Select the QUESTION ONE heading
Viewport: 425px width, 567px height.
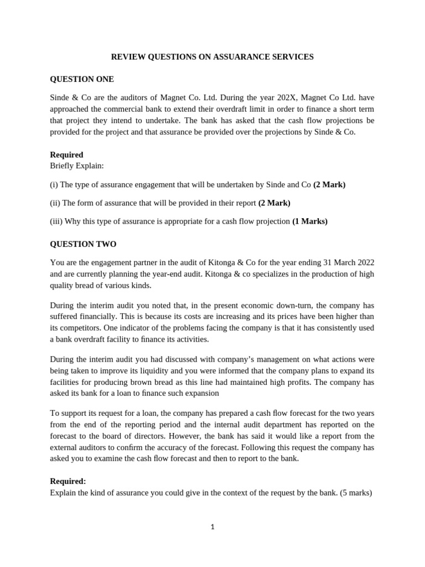coord(82,79)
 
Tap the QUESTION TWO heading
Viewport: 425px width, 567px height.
coord(83,244)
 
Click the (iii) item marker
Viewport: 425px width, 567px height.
coord(56,221)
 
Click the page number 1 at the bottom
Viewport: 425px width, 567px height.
coord(212,527)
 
